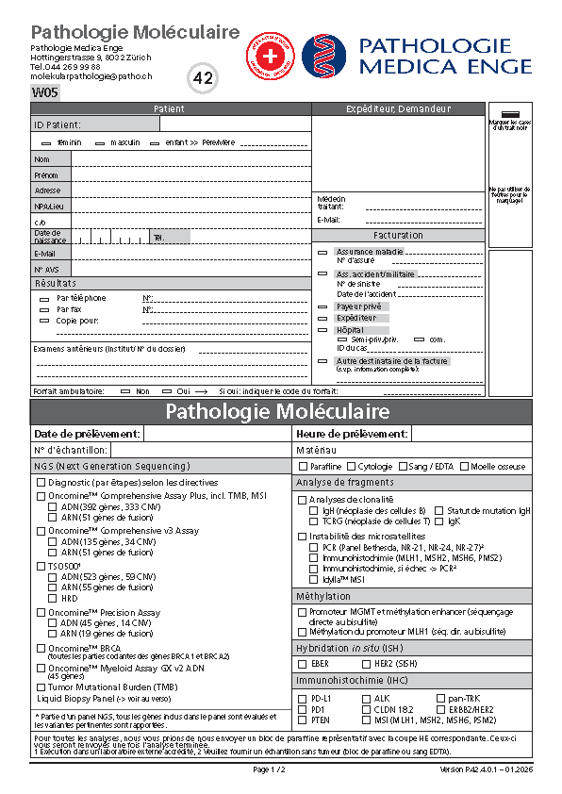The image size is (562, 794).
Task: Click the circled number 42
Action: (203, 79)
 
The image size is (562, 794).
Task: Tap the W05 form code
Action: (44, 92)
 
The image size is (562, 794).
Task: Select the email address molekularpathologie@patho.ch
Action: (91, 76)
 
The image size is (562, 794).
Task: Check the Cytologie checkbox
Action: (352, 467)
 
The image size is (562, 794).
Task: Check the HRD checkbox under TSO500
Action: (53, 599)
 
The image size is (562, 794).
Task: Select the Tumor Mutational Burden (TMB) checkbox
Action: (41, 686)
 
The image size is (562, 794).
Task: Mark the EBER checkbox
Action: (302, 665)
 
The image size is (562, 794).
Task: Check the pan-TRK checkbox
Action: (440, 699)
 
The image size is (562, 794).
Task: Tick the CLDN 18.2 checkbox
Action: (365, 709)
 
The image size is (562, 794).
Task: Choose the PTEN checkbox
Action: (302, 720)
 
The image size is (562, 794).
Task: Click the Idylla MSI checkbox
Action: (314, 580)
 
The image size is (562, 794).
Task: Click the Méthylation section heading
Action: (322, 597)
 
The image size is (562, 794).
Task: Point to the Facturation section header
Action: (398, 236)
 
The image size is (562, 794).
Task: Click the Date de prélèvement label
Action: (74, 434)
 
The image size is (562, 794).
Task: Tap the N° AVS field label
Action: (47, 270)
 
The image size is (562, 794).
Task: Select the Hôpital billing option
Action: (323, 330)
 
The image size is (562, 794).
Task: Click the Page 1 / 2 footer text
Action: (269, 770)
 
